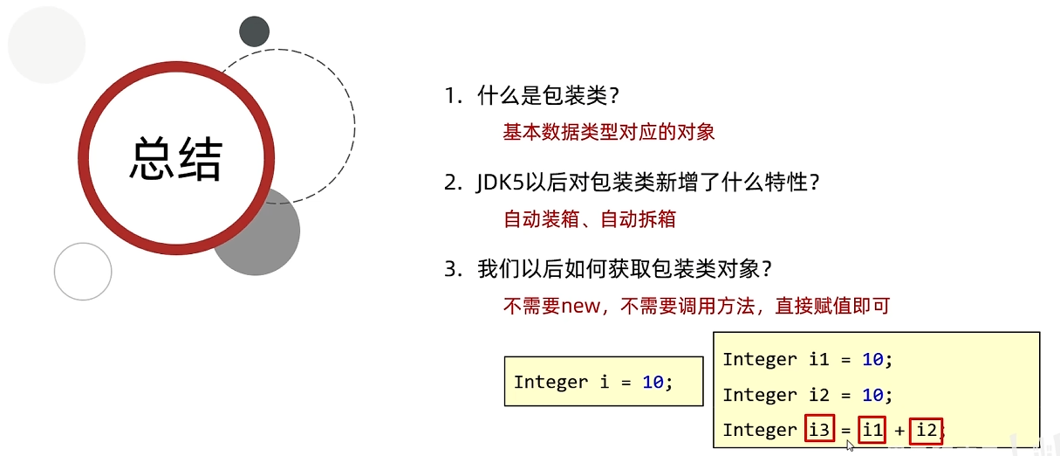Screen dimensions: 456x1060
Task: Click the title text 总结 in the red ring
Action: pos(176,158)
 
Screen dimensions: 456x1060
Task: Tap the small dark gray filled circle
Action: pos(254,31)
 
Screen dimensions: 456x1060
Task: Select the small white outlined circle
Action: pos(83,272)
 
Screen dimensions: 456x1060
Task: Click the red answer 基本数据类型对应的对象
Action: pos(609,132)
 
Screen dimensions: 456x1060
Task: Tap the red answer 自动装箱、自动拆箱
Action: pos(590,219)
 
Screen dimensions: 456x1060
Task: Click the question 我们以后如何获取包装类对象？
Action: pos(625,270)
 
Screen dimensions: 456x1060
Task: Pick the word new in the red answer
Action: pos(581,306)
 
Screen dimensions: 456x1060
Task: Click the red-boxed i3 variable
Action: pos(819,430)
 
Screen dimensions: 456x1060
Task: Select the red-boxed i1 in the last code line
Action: pos(871,430)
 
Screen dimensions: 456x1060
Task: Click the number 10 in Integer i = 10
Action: pos(653,382)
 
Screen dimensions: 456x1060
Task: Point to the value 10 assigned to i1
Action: pos(872,359)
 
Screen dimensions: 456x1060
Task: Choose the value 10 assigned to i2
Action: pos(872,395)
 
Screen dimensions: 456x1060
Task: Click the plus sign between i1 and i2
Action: pos(898,430)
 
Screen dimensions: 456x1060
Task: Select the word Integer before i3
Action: pos(760,430)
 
